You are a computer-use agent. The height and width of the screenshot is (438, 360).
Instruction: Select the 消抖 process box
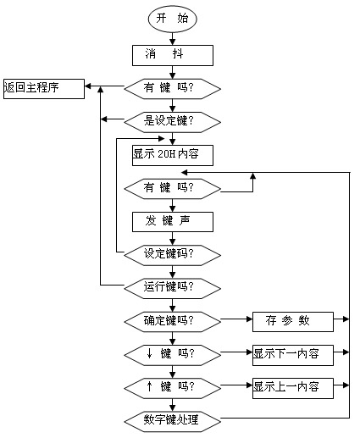pos(172,55)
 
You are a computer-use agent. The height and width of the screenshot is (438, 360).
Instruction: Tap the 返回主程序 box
pos(42,87)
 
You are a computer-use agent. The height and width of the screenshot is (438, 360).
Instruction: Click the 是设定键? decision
pos(172,119)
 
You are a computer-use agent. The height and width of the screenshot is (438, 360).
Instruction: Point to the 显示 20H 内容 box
pos(172,156)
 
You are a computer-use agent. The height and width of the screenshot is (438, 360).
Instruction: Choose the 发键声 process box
pos(172,221)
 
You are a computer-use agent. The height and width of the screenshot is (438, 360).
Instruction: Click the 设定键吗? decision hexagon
pos(172,253)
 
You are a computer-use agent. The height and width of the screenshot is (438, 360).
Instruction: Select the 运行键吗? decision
pos(172,286)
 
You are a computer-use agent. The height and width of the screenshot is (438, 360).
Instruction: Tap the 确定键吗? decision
pos(172,320)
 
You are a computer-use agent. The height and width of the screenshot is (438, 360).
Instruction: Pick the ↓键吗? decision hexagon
pos(172,352)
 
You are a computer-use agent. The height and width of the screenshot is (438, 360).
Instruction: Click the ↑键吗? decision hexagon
pos(172,386)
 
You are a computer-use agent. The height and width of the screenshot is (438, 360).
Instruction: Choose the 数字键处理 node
pos(172,419)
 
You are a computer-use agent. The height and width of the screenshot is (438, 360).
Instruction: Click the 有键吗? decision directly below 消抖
pos(172,87)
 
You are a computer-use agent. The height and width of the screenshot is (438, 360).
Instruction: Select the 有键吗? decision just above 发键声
pos(172,187)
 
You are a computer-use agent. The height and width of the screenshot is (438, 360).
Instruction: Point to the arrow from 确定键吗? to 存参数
pos(236,320)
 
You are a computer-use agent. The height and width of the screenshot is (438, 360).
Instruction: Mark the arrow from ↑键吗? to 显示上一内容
pos(236,386)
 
